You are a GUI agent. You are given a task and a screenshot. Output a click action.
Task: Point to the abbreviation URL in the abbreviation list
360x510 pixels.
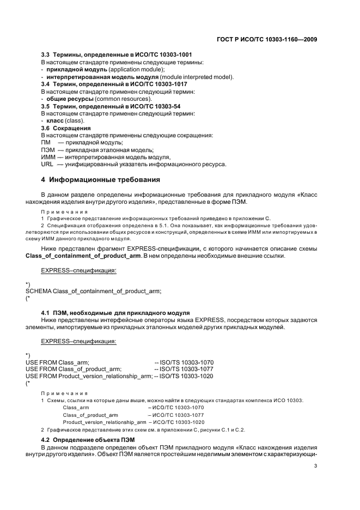[x=47, y=165]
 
